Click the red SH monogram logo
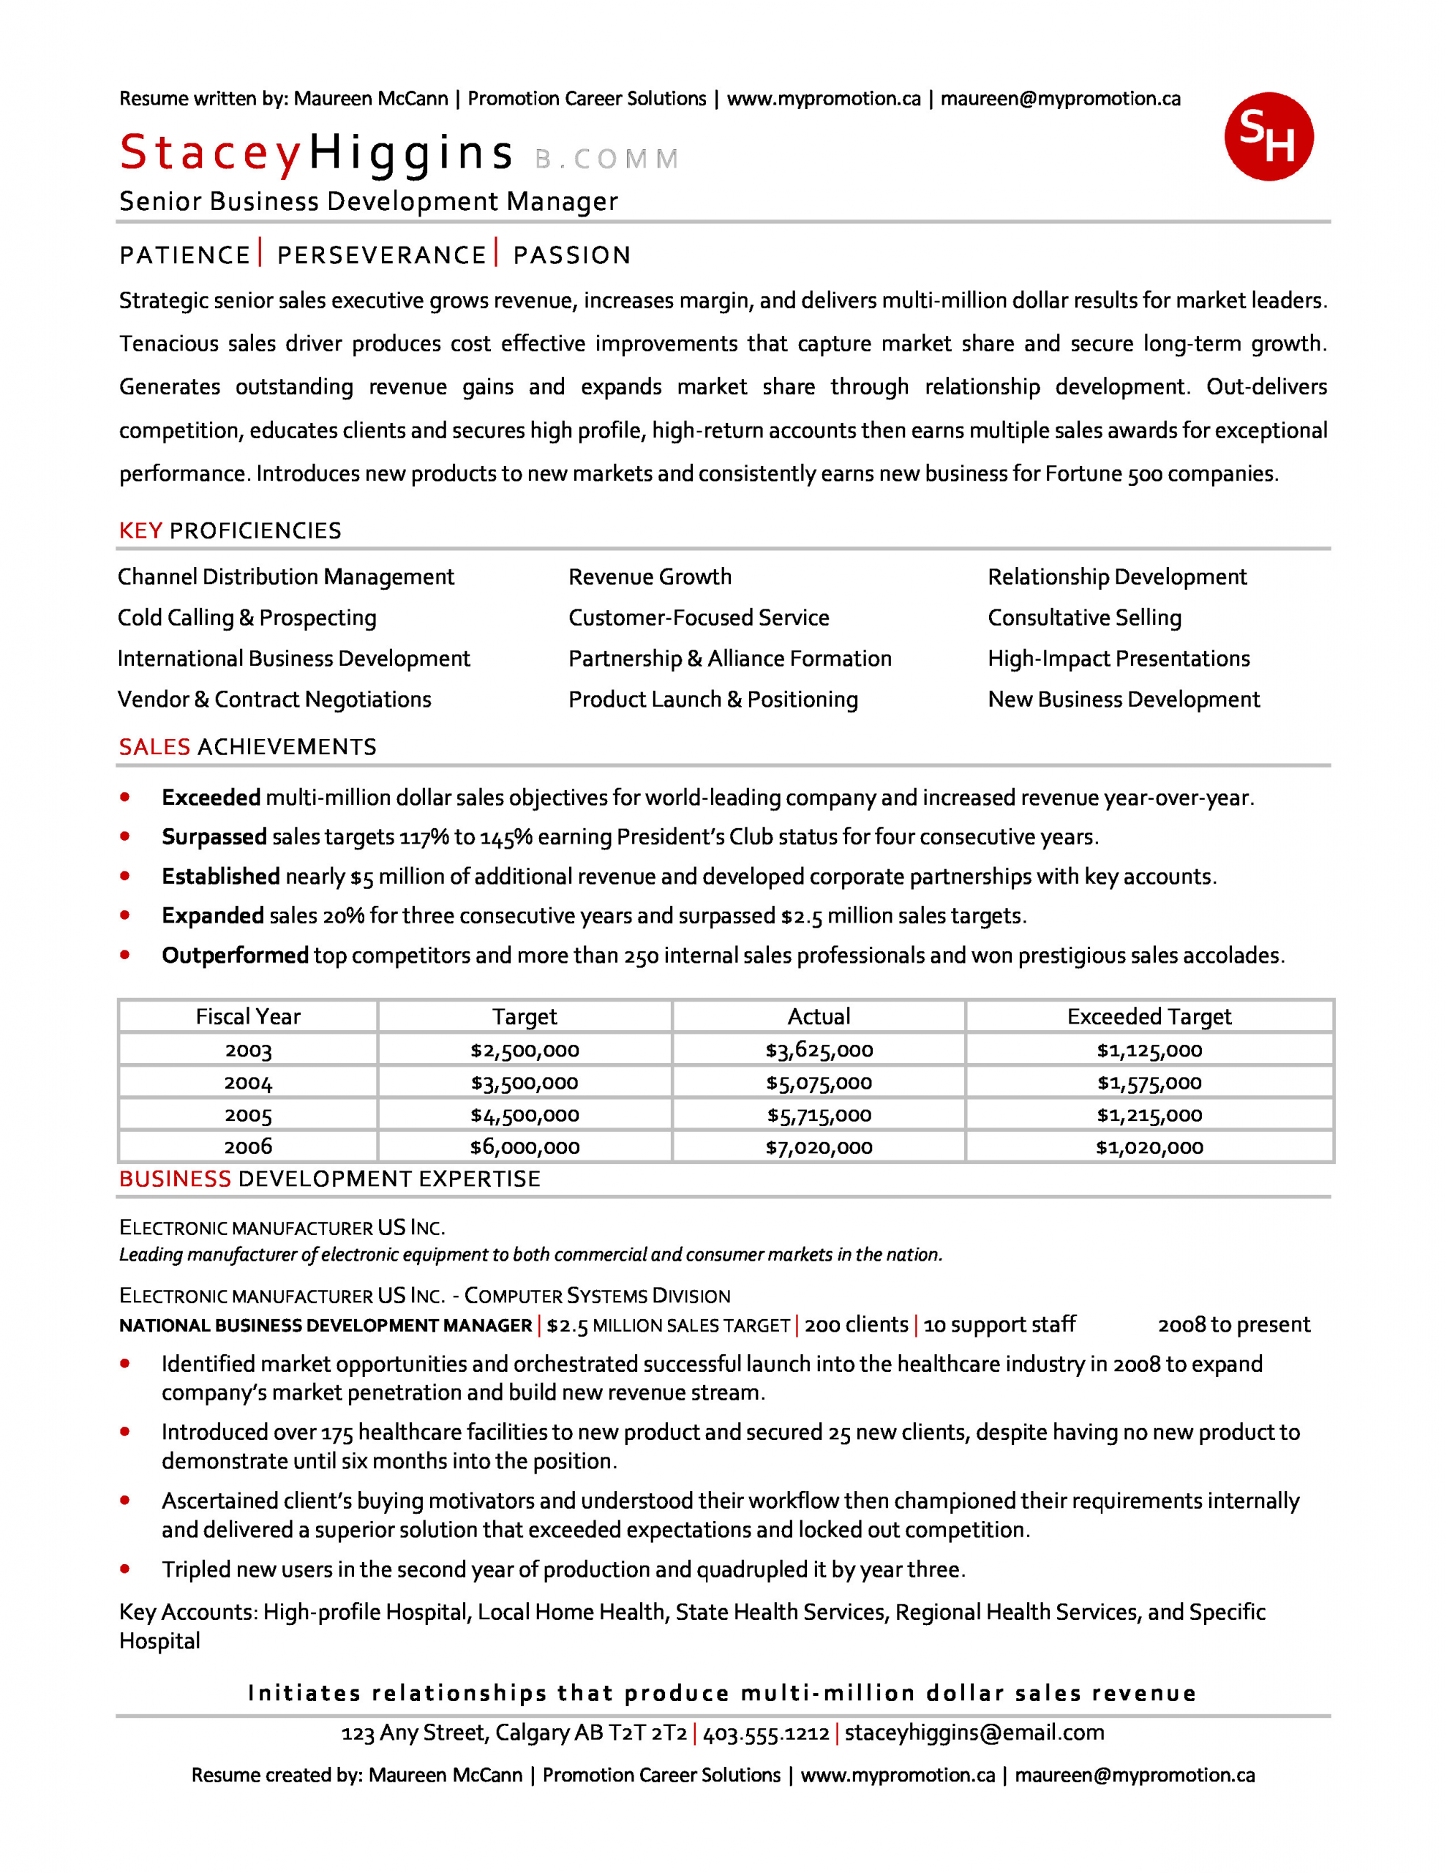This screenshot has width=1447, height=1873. coord(1268,136)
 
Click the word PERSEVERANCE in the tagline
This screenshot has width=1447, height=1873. coord(382,255)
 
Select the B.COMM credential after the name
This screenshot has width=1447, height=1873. coord(606,159)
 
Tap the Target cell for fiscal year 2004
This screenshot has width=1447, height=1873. coord(524,1082)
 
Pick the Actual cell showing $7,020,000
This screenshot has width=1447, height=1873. coord(819,1146)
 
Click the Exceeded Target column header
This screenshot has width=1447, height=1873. coord(1149,1016)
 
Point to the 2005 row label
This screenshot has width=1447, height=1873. coord(248,1115)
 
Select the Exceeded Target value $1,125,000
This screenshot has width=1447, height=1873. coord(1149,1050)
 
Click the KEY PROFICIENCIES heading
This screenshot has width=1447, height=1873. coord(230,531)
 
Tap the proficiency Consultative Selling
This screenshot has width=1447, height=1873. coord(1084,618)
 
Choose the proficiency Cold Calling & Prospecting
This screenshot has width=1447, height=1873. coord(247,618)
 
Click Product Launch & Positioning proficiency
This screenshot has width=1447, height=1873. coord(713,699)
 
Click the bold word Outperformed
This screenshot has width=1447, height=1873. coord(235,956)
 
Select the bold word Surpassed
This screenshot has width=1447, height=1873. coord(214,837)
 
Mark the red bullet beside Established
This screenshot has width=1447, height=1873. coord(125,876)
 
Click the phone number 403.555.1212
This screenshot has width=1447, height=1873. coord(766,1733)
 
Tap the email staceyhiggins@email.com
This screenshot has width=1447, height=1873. coord(974,1733)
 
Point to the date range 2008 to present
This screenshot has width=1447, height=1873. coord(1233,1325)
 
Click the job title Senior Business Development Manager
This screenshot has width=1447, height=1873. coord(368,201)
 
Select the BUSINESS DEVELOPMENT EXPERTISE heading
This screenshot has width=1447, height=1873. coord(329,1179)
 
